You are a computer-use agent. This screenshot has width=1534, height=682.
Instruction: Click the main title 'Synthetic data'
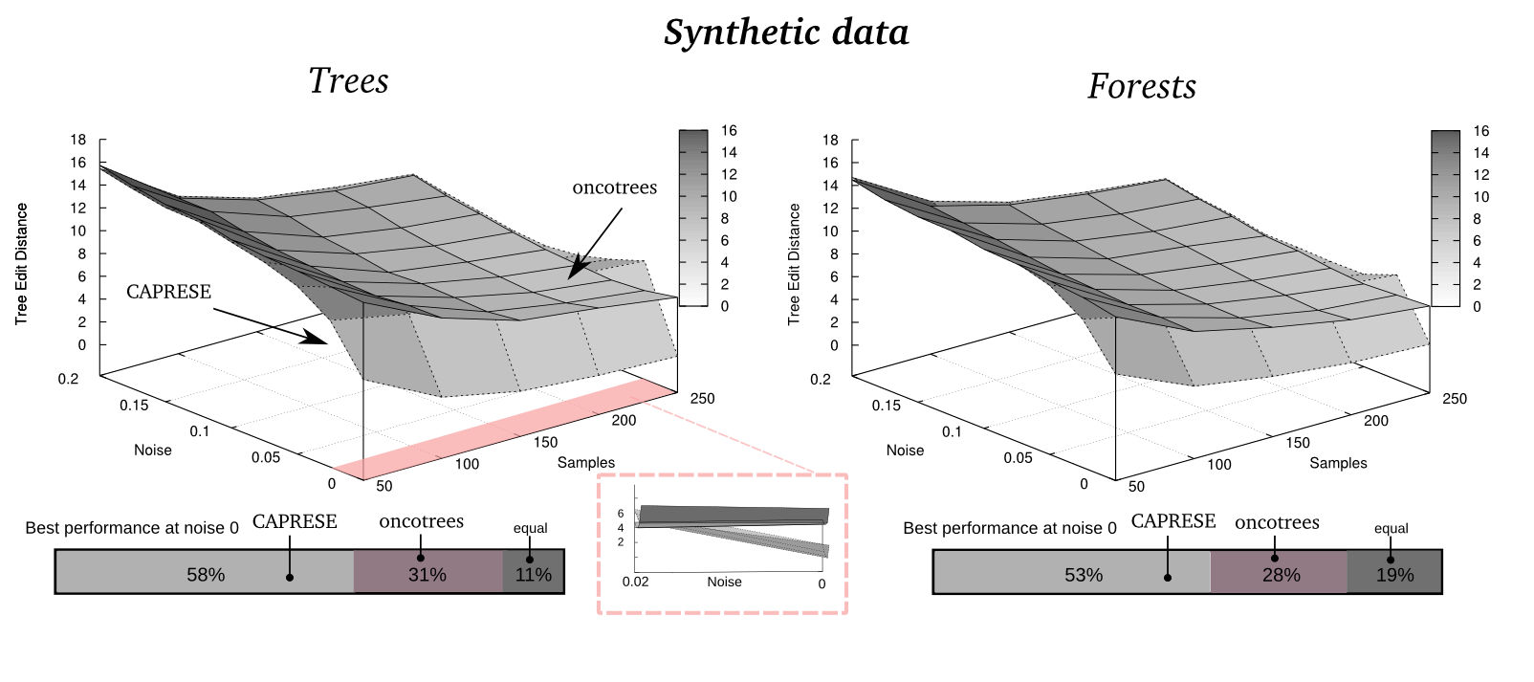(786, 33)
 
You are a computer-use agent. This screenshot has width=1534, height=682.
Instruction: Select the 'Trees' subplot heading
(348, 81)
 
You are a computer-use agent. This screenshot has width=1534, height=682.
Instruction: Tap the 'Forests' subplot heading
(1142, 87)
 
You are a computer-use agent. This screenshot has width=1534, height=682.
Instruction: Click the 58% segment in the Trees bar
(206, 574)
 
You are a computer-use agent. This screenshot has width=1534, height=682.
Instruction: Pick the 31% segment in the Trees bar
(427, 574)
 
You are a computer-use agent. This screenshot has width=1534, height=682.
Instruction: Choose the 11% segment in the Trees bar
(534, 574)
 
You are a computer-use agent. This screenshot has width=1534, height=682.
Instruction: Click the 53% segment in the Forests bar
(1084, 574)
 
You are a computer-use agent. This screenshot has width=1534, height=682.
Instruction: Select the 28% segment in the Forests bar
(1281, 574)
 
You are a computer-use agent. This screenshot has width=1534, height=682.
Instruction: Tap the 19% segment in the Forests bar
(1394, 574)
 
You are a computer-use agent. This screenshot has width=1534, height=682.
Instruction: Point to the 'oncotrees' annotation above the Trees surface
(615, 187)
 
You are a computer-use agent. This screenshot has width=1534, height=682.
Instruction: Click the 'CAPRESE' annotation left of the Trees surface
(168, 292)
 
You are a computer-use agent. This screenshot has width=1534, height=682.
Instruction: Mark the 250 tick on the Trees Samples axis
(702, 398)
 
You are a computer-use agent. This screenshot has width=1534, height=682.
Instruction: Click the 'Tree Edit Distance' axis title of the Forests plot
(794, 264)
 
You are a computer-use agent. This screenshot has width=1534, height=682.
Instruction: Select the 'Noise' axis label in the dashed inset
(724, 582)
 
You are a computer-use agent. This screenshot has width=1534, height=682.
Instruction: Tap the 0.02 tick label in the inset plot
(635, 582)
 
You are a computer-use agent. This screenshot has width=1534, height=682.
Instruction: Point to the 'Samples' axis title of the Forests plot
(1338, 463)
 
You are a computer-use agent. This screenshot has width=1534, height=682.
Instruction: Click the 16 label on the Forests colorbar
(1480, 131)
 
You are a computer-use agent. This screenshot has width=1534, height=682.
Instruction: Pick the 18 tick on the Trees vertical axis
(77, 140)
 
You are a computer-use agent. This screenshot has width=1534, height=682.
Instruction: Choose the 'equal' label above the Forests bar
(1391, 528)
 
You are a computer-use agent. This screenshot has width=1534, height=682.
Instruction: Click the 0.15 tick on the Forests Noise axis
(886, 406)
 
